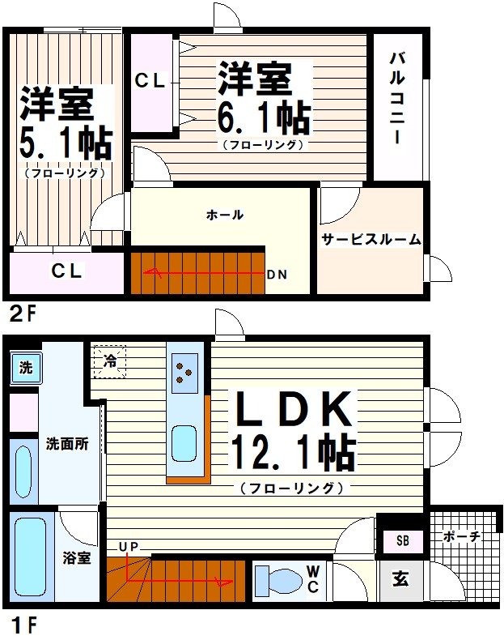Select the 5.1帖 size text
pyautogui.click(x=65, y=144)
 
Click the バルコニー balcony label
pyautogui.click(x=397, y=97)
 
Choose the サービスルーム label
pyautogui.click(x=371, y=239)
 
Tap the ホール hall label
pyautogui.click(x=225, y=215)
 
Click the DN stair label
pyautogui.click(x=277, y=274)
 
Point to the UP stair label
pyautogui.click(x=129, y=547)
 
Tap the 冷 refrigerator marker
pyautogui.click(x=109, y=361)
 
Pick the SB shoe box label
pyautogui.click(x=402, y=541)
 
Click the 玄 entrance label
pyautogui.click(x=400, y=579)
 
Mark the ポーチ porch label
pyautogui.click(x=463, y=536)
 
